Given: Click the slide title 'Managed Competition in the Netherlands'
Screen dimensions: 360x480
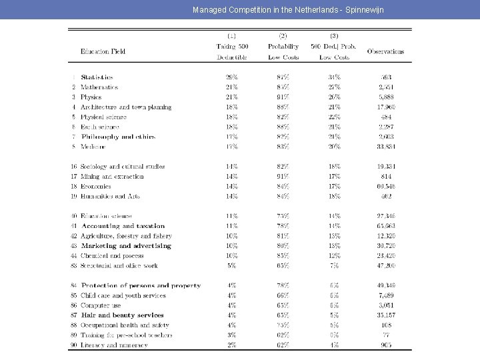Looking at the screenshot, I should tap(288, 10).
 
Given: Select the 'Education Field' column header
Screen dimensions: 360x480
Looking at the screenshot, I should tap(103, 51).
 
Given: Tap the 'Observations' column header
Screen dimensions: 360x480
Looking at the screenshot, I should tap(385, 51).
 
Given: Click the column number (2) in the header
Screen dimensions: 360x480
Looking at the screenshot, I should tap(283, 35).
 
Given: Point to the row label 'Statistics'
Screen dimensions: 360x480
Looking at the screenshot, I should tap(97, 77).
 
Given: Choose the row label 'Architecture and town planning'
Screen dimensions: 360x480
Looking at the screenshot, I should tap(126, 107).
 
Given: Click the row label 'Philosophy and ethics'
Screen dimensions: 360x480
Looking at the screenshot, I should tap(117, 137).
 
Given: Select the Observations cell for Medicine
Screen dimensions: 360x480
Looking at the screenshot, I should tap(386, 147).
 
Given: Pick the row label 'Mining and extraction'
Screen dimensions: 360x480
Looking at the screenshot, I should tap(112, 177).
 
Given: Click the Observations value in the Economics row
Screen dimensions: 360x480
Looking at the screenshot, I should tap(386, 187).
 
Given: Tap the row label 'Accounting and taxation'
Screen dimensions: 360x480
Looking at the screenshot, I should tap(123, 226).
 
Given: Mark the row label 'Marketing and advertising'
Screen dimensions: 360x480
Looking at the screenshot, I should tap(125, 246).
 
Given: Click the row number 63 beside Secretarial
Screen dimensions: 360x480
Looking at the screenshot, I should tap(73, 265).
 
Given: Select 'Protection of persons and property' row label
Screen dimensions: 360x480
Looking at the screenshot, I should tap(140, 286).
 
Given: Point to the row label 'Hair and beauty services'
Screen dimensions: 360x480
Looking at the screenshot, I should tap(122, 315).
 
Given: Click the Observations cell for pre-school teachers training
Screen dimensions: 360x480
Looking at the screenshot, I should tap(386, 335).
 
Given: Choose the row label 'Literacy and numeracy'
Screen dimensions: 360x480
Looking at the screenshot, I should tap(115, 345).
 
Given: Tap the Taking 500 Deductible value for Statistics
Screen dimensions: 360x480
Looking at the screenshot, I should tap(232, 77).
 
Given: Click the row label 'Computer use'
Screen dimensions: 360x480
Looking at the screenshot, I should tap(101, 305).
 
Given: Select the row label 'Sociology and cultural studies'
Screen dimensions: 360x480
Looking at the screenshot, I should tap(123, 167).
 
